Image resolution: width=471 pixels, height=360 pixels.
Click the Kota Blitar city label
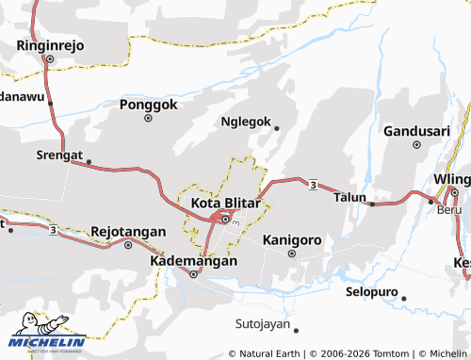226,202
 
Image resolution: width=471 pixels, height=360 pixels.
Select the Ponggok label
149,105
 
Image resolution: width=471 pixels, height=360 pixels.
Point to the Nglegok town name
245,123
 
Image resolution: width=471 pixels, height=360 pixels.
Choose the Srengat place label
59,155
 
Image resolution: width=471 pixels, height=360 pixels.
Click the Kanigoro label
292,239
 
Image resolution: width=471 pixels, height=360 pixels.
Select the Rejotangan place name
128,231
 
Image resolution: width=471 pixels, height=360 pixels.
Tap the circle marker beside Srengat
89,161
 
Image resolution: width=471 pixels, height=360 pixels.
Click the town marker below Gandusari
415,145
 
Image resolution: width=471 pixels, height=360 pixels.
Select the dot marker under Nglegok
276,128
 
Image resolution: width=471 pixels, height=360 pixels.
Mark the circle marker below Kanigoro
291,253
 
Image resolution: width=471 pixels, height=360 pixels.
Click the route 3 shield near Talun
311,184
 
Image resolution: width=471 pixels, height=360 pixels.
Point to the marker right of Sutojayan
295,330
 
